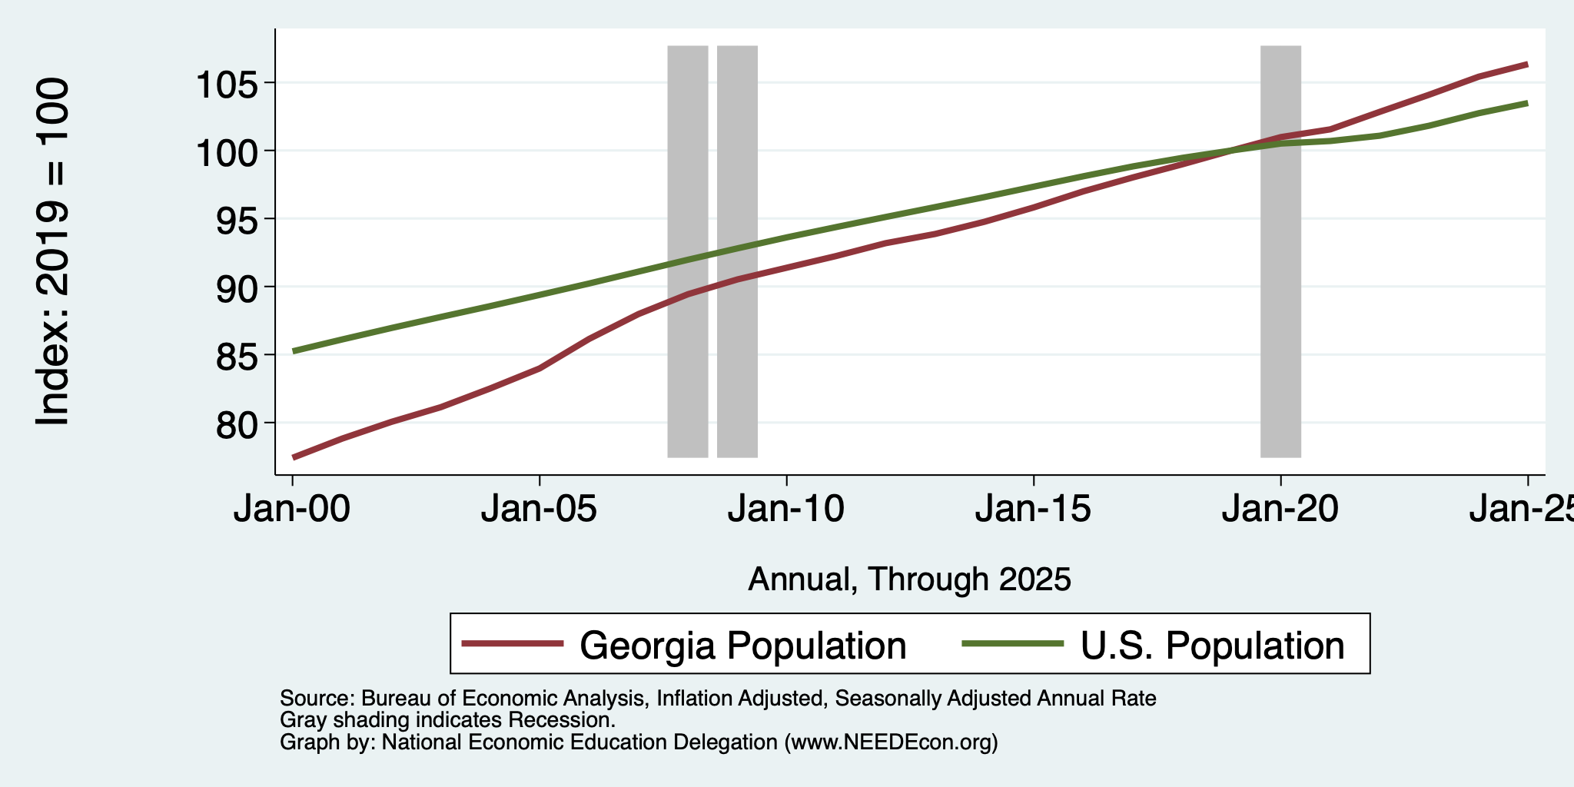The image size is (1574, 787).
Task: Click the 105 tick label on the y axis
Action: click(x=227, y=83)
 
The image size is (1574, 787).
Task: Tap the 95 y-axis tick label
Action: click(x=237, y=219)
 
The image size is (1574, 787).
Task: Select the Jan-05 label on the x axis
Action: click(x=540, y=510)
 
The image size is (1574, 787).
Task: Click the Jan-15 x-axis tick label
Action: click(x=1033, y=510)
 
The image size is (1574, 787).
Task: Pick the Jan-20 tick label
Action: click(x=1280, y=510)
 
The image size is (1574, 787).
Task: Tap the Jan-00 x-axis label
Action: click(x=292, y=510)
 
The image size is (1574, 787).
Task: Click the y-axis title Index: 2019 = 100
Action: click(x=53, y=251)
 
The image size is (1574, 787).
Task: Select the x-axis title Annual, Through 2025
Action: click(x=909, y=579)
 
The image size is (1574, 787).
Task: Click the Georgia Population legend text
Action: click(x=743, y=646)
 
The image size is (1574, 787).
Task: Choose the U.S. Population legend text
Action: click(x=1212, y=646)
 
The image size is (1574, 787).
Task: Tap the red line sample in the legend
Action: click(x=513, y=644)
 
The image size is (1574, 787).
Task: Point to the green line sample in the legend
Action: click(x=1014, y=644)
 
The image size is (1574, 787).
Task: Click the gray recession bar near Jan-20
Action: click(x=1280, y=251)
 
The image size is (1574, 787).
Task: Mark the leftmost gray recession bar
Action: click(x=688, y=251)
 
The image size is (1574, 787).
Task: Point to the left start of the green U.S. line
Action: click(x=293, y=351)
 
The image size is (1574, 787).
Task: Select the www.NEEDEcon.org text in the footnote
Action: click(x=890, y=742)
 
